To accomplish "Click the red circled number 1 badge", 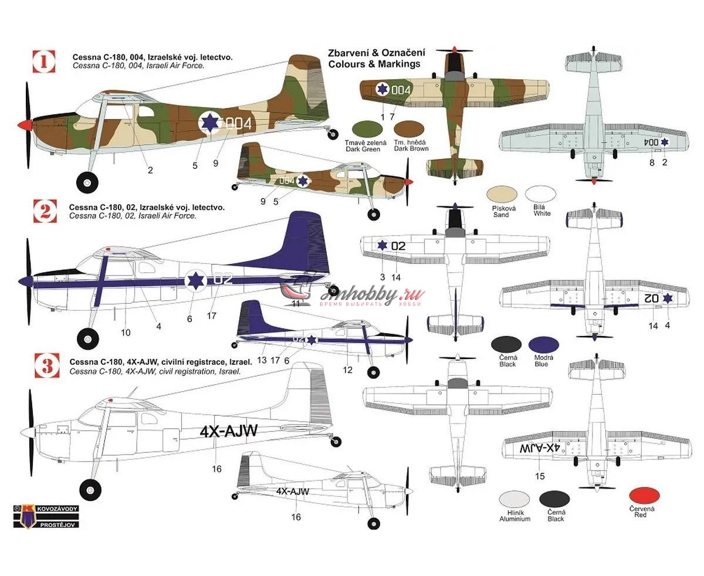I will [45, 60].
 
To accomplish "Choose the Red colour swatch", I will [644, 496].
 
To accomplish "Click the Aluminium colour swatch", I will [515, 500].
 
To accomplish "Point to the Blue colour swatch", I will [544, 345].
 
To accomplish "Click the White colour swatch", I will [541, 196].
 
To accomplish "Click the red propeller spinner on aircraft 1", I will [24, 124].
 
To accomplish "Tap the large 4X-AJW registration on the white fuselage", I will [228, 432].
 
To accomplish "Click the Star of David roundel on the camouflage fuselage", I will [209, 123].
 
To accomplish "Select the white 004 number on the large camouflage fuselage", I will [238, 124].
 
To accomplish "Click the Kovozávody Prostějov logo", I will [46, 516].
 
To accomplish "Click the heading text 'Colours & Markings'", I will [374, 64].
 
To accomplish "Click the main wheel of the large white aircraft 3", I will [90, 489].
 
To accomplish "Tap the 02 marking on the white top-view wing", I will [398, 246].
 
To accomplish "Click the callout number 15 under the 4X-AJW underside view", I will [540, 476].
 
